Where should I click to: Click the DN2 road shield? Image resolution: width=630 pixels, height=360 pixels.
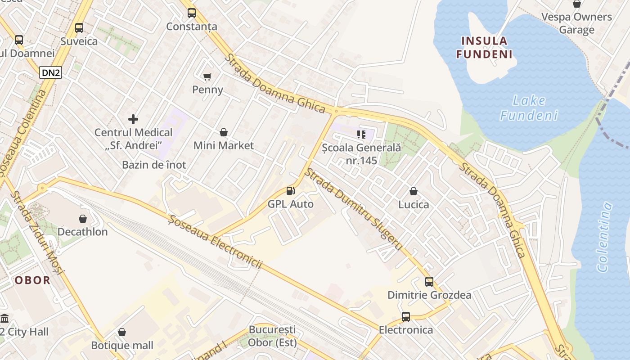click(50, 73)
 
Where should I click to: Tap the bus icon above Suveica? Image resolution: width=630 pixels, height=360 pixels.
click(79, 28)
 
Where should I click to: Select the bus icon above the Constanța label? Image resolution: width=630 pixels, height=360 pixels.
click(192, 13)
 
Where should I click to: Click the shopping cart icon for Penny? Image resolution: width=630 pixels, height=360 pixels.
click(207, 76)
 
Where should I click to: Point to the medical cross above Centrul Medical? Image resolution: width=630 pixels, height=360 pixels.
click(133, 119)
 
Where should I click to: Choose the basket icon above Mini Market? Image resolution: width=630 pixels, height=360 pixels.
click(224, 132)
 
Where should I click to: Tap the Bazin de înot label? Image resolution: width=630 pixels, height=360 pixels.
click(154, 165)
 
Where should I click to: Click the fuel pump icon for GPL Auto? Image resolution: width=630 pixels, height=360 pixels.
click(291, 191)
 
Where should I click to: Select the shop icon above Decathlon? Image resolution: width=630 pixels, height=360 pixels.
click(83, 219)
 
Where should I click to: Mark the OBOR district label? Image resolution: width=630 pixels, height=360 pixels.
click(33, 280)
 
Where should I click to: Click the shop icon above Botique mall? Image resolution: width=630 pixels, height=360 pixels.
click(122, 333)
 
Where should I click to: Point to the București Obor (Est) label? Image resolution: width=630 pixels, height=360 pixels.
click(273, 336)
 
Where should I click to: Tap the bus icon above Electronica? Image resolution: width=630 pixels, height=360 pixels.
click(406, 317)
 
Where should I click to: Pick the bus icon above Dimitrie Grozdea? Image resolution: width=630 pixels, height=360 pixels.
click(429, 282)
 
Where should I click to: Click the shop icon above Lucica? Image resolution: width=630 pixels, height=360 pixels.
click(414, 191)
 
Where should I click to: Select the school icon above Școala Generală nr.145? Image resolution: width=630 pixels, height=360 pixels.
click(361, 134)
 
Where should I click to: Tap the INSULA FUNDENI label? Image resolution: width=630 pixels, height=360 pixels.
click(484, 48)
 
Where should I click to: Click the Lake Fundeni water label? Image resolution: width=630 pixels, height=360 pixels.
click(529, 108)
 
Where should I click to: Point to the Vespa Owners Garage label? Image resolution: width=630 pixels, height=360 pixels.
click(576, 23)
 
